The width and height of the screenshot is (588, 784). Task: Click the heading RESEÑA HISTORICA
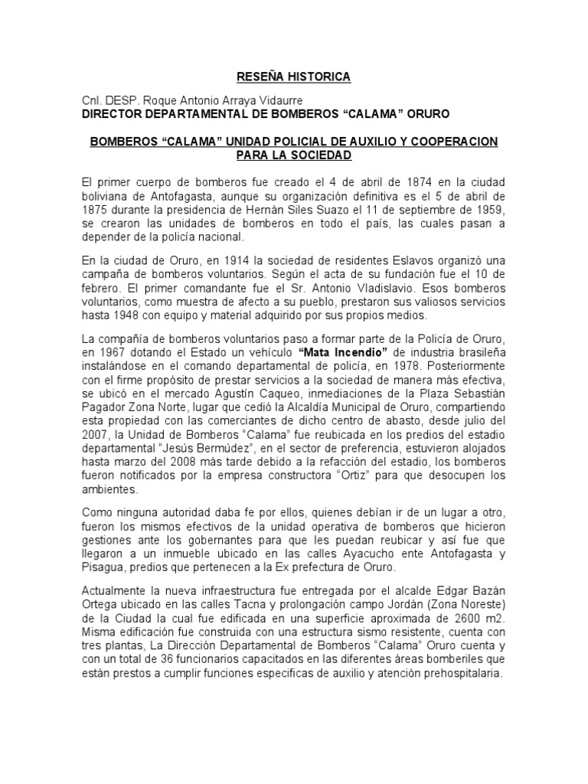pos(292,77)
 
